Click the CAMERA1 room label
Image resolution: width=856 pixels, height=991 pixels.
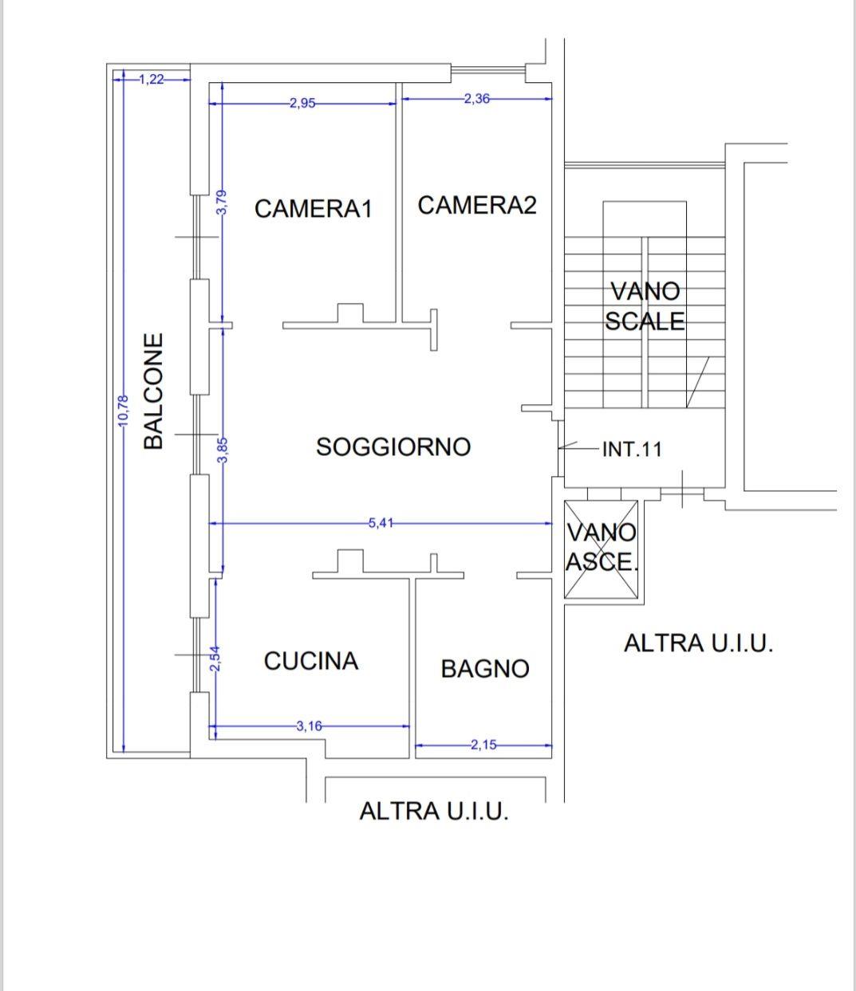tap(314, 209)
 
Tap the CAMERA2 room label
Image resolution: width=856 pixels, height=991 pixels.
tap(477, 205)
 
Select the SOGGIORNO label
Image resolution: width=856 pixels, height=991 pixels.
tap(393, 446)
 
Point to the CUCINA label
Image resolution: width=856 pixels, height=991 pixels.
tap(311, 661)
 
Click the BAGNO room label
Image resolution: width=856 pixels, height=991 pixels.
tap(485, 669)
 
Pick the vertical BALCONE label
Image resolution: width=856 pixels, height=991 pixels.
tap(153, 391)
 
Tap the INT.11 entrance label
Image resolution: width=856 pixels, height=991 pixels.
tap(632, 449)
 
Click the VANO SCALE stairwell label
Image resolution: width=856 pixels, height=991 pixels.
tap(645, 306)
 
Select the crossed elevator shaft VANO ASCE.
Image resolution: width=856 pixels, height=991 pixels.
tap(602, 549)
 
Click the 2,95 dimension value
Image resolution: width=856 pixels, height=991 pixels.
tap(302, 104)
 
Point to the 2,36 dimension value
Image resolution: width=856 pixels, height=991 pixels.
tap(476, 99)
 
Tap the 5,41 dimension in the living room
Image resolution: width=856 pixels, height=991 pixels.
tap(381, 523)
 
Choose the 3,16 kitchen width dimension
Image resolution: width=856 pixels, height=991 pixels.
tap(309, 726)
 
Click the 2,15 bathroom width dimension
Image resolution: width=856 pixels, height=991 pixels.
tap(483, 745)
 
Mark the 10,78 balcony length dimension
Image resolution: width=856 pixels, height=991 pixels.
tap(124, 411)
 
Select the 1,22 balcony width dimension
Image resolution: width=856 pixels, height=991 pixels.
tap(152, 79)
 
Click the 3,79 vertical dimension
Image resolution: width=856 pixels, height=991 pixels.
tap(222, 203)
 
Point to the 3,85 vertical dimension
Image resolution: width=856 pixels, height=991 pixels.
tap(223, 450)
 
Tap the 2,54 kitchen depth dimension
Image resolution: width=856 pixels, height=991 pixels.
tap(215, 659)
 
